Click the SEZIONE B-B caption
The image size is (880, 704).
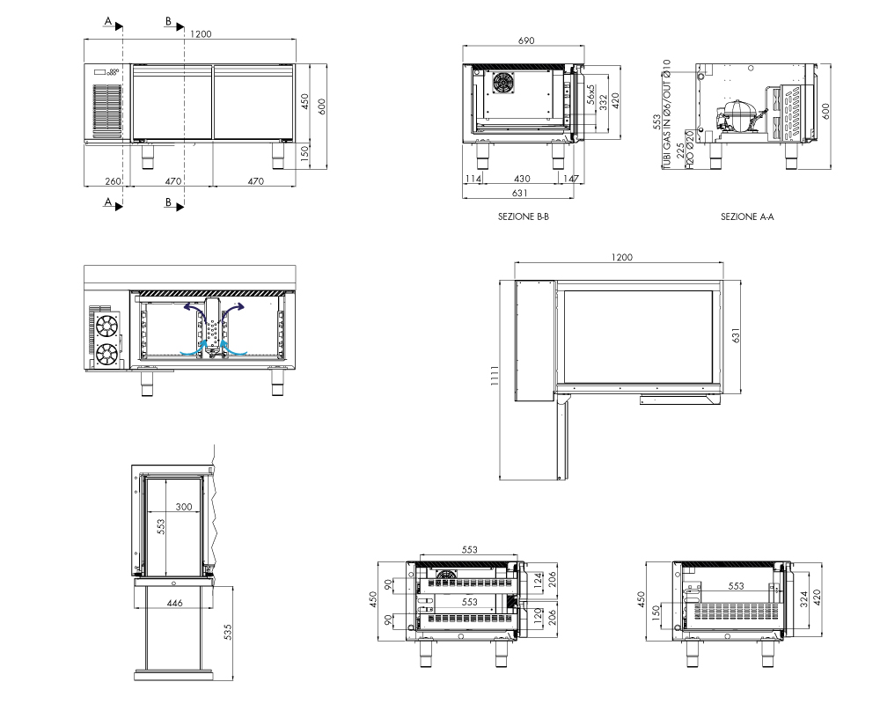tap(523, 216)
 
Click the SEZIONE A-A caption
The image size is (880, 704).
tap(747, 216)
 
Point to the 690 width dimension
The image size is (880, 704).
tap(526, 40)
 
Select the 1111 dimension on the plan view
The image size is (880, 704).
tap(495, 376)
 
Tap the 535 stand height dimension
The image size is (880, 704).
tap(227, 632)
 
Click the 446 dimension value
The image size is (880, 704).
tap(174, 603)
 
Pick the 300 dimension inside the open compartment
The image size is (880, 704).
tap(184, 506)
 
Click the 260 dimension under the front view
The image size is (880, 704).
tap(113, 180)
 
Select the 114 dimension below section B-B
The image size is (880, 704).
tap(473, 179)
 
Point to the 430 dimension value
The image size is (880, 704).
tap(522, 179)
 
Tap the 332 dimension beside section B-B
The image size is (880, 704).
tap(604, 103)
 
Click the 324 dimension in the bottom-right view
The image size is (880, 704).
tap(803, 599)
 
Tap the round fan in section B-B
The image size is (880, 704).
tap(502, 83)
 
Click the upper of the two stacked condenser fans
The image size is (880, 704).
tap(106, 326)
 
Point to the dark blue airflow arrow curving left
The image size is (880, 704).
tap(194, 308)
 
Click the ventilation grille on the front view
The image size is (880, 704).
tap(106, 112)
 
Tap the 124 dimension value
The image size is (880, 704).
tap(539, 580)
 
